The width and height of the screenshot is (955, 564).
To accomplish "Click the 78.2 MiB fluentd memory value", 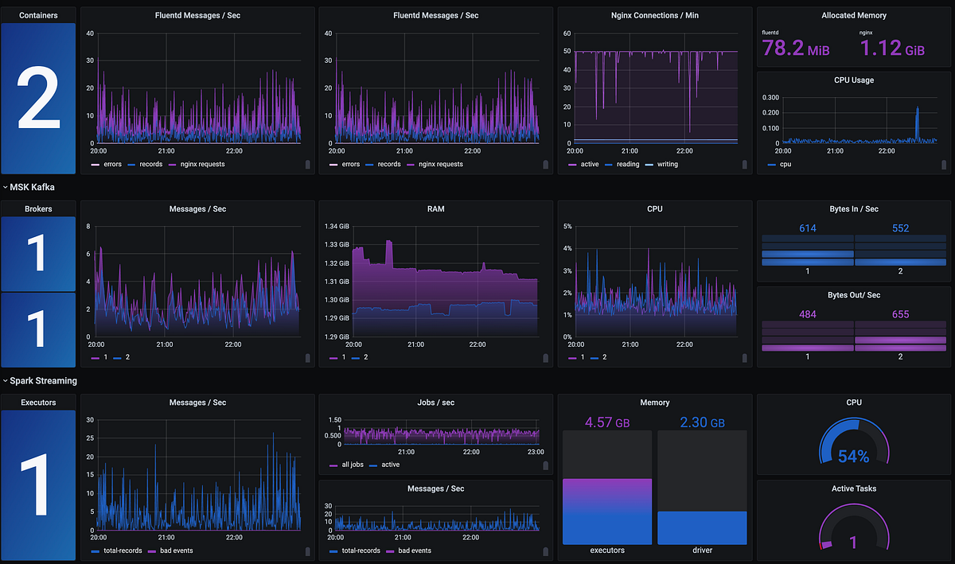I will pos(796,49).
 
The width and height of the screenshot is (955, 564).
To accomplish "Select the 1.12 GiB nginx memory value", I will pos(892,49).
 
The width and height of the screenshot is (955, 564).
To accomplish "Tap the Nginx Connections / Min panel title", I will pos(655,15).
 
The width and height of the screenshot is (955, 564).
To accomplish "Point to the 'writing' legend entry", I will pos(667,165).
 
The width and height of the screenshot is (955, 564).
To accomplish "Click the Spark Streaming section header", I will pos(43,381).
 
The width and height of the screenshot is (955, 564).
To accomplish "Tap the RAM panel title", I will pos(435,209).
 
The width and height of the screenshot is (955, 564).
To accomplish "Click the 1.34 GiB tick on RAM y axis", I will pos(337,227).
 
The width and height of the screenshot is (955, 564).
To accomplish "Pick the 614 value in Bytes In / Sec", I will pos(808,228).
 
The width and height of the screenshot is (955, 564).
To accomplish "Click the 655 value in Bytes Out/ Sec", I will pos(900,315).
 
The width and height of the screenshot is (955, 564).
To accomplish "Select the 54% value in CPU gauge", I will pos(853,457).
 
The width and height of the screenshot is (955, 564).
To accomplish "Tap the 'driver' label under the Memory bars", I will pos(702,550).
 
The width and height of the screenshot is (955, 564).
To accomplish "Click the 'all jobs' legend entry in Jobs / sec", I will pos(352,465).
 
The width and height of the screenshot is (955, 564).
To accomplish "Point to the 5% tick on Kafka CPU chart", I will pos(568,227).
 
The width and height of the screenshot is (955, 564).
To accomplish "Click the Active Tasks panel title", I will pos(853,488).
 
